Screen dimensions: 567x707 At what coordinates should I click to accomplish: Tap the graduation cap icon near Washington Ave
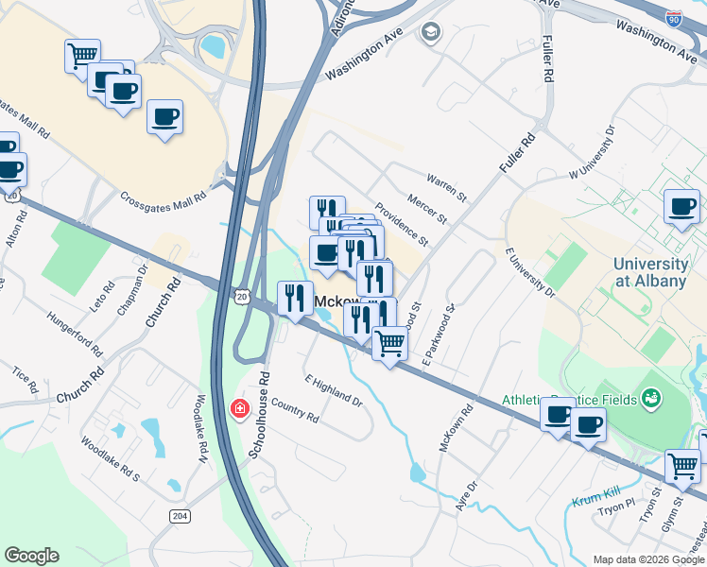tap(431, 33)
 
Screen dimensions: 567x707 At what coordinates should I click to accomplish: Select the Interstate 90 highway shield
tap(674, 17)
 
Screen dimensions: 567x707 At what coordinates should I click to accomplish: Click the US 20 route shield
tap(241, 297)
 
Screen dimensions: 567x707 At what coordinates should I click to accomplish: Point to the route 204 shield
tap(180, 515)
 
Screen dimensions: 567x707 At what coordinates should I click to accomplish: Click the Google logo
tap(31, 556)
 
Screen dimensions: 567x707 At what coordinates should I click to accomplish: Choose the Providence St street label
tap(401, 225)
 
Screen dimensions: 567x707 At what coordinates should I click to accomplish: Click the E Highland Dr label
tap(333, 388)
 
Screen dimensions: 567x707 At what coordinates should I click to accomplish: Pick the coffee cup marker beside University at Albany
tap(681, 207)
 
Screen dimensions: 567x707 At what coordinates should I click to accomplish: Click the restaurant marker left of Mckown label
tap(295, 299)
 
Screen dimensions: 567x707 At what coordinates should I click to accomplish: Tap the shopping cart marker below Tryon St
tap(683, 465)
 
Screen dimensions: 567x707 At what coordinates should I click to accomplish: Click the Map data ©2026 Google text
tap(648, 559)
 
